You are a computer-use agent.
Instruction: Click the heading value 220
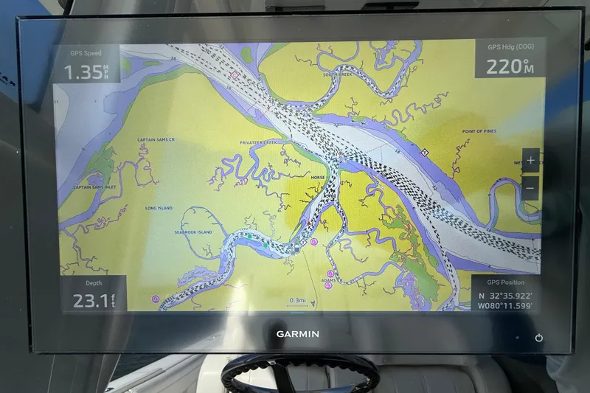[504, 67]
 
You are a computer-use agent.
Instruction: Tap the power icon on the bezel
[539, 338]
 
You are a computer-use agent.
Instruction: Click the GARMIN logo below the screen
[298, 334]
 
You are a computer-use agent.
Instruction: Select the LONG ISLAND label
[159, 209]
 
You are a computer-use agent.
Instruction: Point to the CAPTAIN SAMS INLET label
[97, 187]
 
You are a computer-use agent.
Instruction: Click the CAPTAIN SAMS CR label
[156, 139]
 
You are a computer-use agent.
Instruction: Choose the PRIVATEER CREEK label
[257, 142]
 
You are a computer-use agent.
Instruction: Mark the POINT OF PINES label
[479, 131]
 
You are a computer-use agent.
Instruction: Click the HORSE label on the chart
[318, 178]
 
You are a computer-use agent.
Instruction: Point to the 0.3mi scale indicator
[297, 300]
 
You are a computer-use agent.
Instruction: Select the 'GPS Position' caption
[505, 282]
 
